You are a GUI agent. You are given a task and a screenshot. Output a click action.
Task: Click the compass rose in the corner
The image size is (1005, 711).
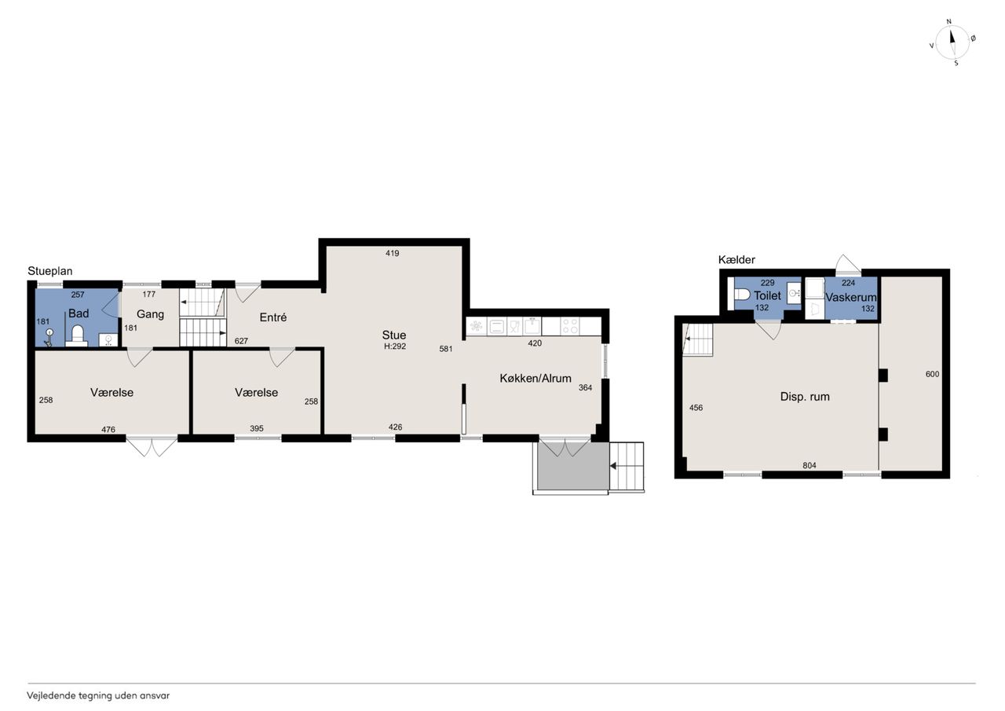tap(952, 43)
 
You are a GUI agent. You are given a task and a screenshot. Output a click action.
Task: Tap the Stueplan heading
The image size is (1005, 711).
tap(49, 271)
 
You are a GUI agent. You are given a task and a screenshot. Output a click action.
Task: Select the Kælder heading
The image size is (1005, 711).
tap(736, 259)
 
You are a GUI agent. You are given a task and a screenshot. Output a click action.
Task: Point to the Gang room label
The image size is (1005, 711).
tap(150, 314)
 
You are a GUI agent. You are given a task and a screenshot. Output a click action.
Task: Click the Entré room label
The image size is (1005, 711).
tap(272, 317)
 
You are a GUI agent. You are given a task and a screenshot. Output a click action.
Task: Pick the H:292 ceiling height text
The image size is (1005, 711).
tap(395, 346)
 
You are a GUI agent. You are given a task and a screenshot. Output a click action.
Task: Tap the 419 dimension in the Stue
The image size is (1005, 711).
tap(392, 253)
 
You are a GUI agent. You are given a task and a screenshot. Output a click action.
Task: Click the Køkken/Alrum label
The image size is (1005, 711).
tap(535, 378)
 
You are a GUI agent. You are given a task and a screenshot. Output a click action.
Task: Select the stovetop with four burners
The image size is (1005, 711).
tap(570, 326)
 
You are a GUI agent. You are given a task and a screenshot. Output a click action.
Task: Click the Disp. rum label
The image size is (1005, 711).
tap(805, 397)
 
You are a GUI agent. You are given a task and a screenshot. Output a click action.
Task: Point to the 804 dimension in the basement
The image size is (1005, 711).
tap(809, 465)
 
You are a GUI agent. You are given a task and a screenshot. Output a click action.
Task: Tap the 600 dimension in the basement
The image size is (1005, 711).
tap(932, 374)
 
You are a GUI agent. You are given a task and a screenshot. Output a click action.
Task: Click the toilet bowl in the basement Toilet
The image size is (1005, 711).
tap(742, 295)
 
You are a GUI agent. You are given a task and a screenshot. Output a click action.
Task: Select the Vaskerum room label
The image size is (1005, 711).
tap(850, 297)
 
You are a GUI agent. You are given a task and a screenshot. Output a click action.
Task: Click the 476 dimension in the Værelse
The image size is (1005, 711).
tap(108, 429)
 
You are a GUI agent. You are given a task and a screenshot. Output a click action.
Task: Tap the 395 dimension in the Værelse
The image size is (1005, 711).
tap(257, 428)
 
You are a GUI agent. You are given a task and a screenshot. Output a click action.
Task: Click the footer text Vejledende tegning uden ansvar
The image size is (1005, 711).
tap(98, 695)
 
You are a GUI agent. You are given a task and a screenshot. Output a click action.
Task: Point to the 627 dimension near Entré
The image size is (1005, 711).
tap(241, 341)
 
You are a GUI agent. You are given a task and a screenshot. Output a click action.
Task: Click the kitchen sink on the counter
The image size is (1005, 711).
tap(532, 326)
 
